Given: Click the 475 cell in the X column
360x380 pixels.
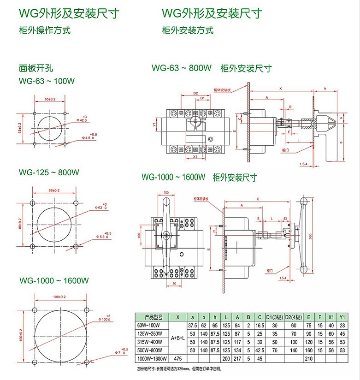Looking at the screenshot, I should pyautogui.click(x=178, y=358).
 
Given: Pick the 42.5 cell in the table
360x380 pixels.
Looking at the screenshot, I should pyautogui.click(x=260, y=350).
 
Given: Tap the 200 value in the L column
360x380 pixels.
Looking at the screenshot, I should pyautogui.click(x=225, y=358).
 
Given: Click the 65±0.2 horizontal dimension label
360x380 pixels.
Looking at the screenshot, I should pyautogui.click(x=50, y=99).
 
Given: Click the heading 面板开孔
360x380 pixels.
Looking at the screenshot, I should pyautogui.click(x=36, y=67).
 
